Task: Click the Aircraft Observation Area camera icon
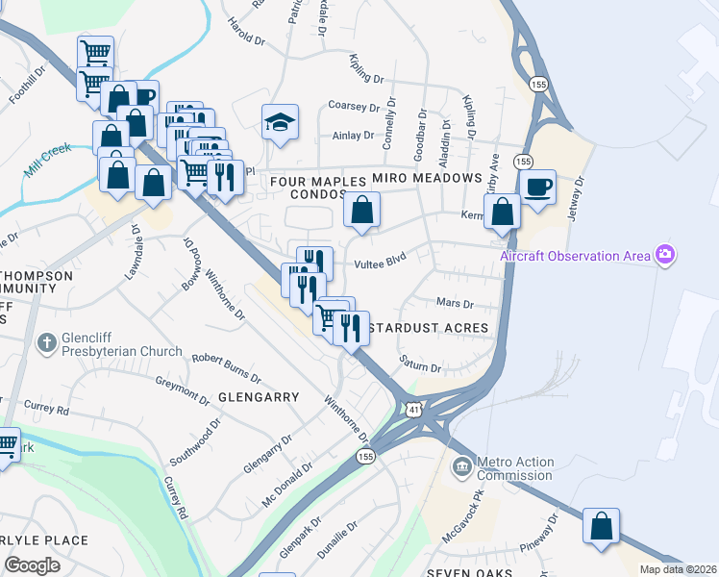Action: (664, 255)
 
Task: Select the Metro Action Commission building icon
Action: (461, 468)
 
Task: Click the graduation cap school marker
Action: (280, 122)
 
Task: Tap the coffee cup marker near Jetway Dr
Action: (537, 187)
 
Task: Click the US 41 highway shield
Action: (411, 409)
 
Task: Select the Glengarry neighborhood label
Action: (259, 396)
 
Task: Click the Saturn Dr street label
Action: (421, 367)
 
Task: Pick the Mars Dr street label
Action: (456, 304)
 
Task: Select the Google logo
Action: (33, 564)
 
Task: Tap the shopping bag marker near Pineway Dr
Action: (601, 527)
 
